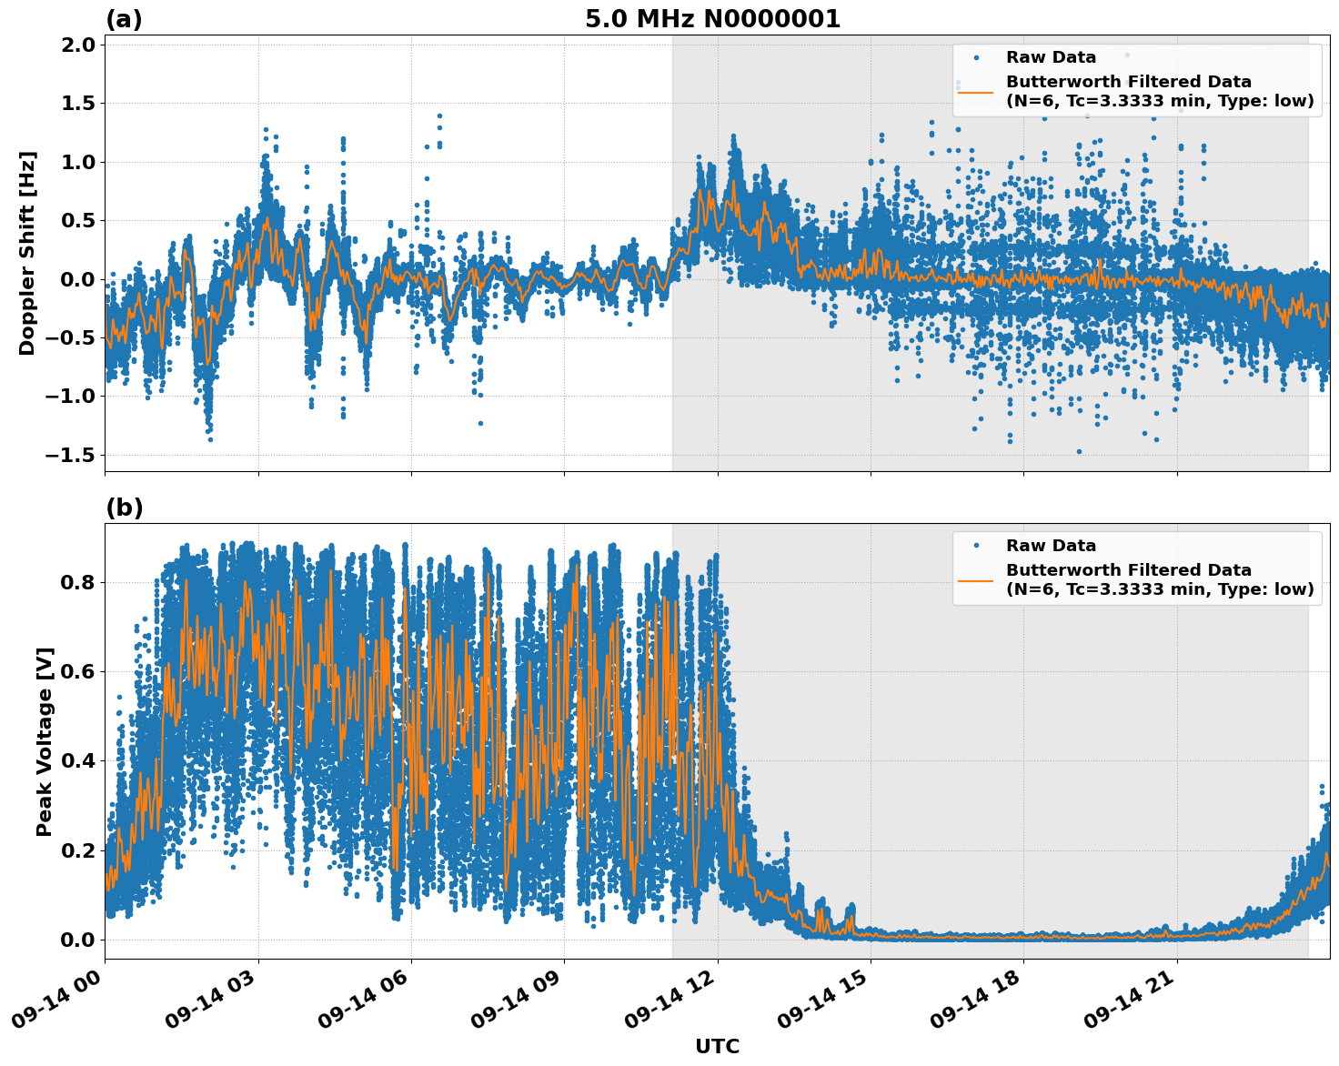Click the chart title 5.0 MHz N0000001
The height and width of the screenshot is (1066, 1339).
[x=712, y=19]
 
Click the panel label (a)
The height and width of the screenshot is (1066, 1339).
[x=124, y=19]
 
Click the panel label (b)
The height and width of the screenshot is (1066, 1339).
[x=124, y=508]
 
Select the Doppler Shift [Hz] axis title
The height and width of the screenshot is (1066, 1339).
[x=27, y=253]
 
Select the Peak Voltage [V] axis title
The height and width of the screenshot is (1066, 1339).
[x=45, y=741]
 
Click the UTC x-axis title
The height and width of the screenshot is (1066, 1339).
[x=717, y=1046]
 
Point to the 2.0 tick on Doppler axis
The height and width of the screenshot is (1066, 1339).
[x=76, y=45]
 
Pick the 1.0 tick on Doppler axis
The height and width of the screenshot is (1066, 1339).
[x=76, y=162]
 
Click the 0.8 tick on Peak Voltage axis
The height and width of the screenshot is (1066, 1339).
[x=76, y=582]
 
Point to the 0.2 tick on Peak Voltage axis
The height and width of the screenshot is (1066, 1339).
[x=76, y=850]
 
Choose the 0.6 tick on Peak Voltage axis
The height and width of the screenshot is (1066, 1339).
[x=76, y=671]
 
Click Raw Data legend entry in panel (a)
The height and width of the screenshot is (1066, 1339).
[x=1051, y=57]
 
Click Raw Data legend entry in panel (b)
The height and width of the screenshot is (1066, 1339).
[x=1051, y=546]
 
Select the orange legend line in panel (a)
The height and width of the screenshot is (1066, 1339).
[x=975, y=92]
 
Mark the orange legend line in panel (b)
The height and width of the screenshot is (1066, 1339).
[x=975, y=580]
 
